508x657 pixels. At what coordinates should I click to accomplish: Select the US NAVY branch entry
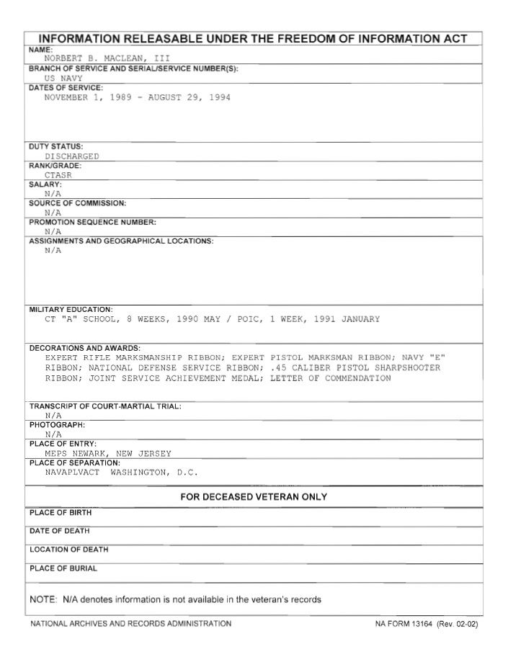[x=63, y=78]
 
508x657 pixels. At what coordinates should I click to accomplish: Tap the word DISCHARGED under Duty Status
[x=72, y=156]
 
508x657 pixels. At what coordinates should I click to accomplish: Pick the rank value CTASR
[x=58, y=174]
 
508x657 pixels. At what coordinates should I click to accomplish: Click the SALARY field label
[x=45, y=184]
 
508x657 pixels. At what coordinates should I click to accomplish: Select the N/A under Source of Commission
[x=53, y=213]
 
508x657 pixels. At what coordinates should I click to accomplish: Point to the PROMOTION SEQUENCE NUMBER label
[x=92, y=222]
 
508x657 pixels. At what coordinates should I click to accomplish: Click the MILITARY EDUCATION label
[x=71, y=309]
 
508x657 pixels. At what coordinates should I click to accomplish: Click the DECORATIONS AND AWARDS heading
[x=84, y=348]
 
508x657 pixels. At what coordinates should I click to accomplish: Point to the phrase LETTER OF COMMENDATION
[x=331, y=378]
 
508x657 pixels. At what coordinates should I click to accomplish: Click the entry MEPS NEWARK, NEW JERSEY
[x=108, y=453]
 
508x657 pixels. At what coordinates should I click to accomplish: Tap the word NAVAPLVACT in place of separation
[x=72, y=473]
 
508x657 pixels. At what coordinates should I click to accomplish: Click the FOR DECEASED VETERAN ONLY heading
[x=254, y=497]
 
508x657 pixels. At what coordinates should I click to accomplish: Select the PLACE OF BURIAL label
[x=63, y=568]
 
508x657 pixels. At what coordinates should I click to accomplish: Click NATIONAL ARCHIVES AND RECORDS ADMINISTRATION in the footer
[x=130, y=624]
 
